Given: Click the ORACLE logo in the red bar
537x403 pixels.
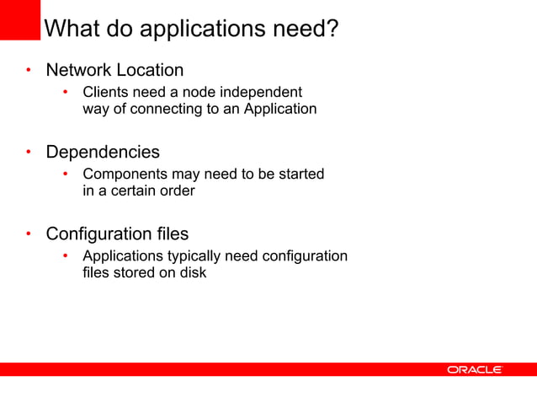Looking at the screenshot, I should tap(475, 369).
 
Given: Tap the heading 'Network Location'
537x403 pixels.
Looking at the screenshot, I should tap(114, 69).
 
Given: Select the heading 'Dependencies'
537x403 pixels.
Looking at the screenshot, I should tap(103, 152).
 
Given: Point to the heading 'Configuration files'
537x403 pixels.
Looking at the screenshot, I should tap(117, 234).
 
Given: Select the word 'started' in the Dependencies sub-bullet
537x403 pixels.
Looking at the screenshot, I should tap(300, 174).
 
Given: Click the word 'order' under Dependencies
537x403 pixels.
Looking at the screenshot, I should tap(178, 191).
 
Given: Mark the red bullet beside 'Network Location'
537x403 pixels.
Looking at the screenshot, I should tap(28, 70).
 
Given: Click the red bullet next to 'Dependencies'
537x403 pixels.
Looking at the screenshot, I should tap(28, 153).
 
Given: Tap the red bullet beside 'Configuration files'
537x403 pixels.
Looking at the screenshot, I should tap(28, 234).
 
